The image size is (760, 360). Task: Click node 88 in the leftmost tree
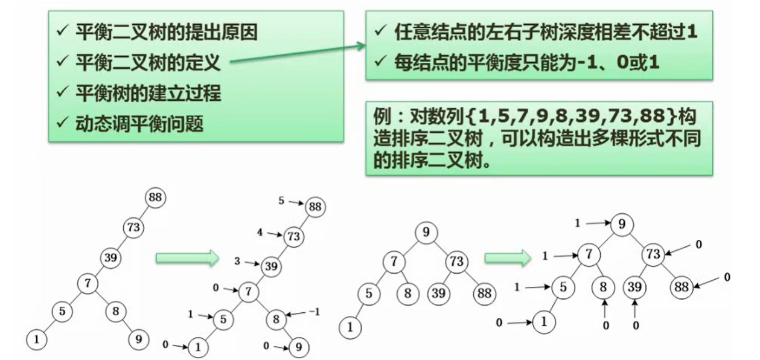(x=155, y=198)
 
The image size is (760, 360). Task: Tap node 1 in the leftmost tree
(x=36, y=339)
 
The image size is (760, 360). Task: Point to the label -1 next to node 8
(x=313, y=311)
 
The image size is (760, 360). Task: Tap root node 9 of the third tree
(x=426, y=231)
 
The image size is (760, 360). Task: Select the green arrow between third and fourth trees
(x=507, y=258)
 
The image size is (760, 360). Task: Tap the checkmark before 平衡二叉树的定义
(x=60, y=61)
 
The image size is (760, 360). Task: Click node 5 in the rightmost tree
(x=563, y=286)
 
